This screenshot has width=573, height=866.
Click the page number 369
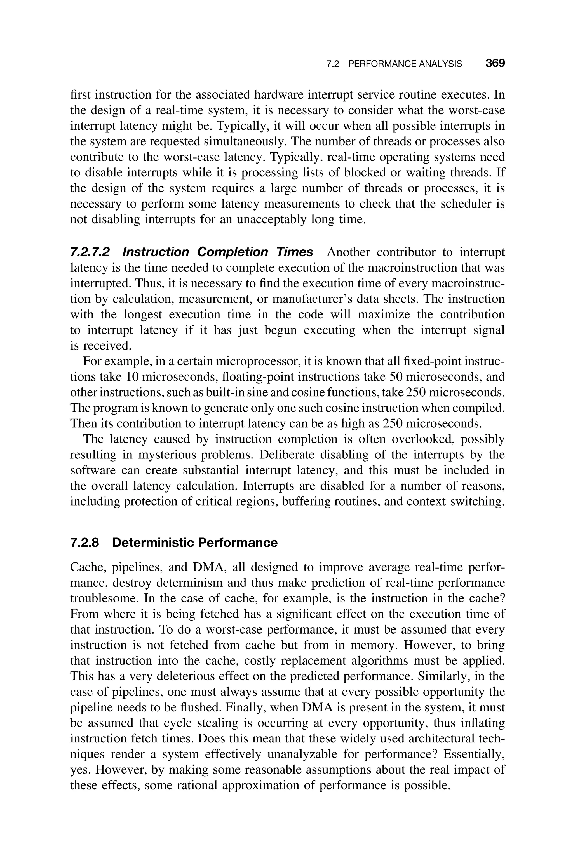[495, 64]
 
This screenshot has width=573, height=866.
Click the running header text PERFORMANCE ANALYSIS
[405, 64]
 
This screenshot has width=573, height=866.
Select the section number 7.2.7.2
[90, 252]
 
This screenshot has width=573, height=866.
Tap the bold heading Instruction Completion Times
[218, 252]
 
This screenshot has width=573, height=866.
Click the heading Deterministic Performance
[195, 543]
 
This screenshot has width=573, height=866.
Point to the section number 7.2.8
[84, 543]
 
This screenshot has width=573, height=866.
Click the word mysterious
[177, 455]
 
